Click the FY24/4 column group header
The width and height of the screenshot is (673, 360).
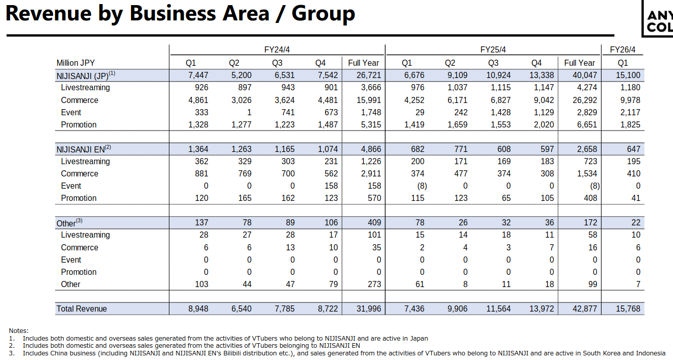(x=277, y=50)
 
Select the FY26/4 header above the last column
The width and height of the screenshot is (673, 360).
(x=622, y=50)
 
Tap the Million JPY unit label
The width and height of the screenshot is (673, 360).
(x=75, y=63)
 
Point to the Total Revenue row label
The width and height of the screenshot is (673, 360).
(x=82, y=308)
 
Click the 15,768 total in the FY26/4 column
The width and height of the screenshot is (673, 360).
(x=628, y=308)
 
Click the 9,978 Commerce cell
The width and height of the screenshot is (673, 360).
(x=630, y=100)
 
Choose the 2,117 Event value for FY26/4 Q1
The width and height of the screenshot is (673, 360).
(x=630, y=113)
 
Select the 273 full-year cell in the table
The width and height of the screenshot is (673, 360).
(x=374, y=285)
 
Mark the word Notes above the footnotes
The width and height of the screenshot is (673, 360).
(x=18, y=331)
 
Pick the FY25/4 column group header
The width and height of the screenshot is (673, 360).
(x=493, y=50)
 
